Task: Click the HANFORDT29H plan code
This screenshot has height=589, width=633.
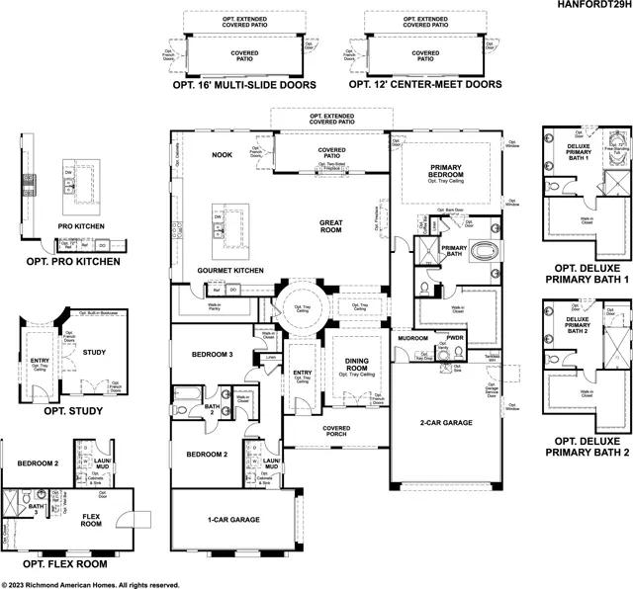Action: pos(591,6)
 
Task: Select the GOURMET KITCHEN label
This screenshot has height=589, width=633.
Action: pos(228,270)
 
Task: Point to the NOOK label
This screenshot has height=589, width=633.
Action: pos(222,155)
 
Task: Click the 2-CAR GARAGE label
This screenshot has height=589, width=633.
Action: pos(444,422)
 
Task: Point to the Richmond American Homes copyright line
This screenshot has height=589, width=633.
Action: pos(90,583)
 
